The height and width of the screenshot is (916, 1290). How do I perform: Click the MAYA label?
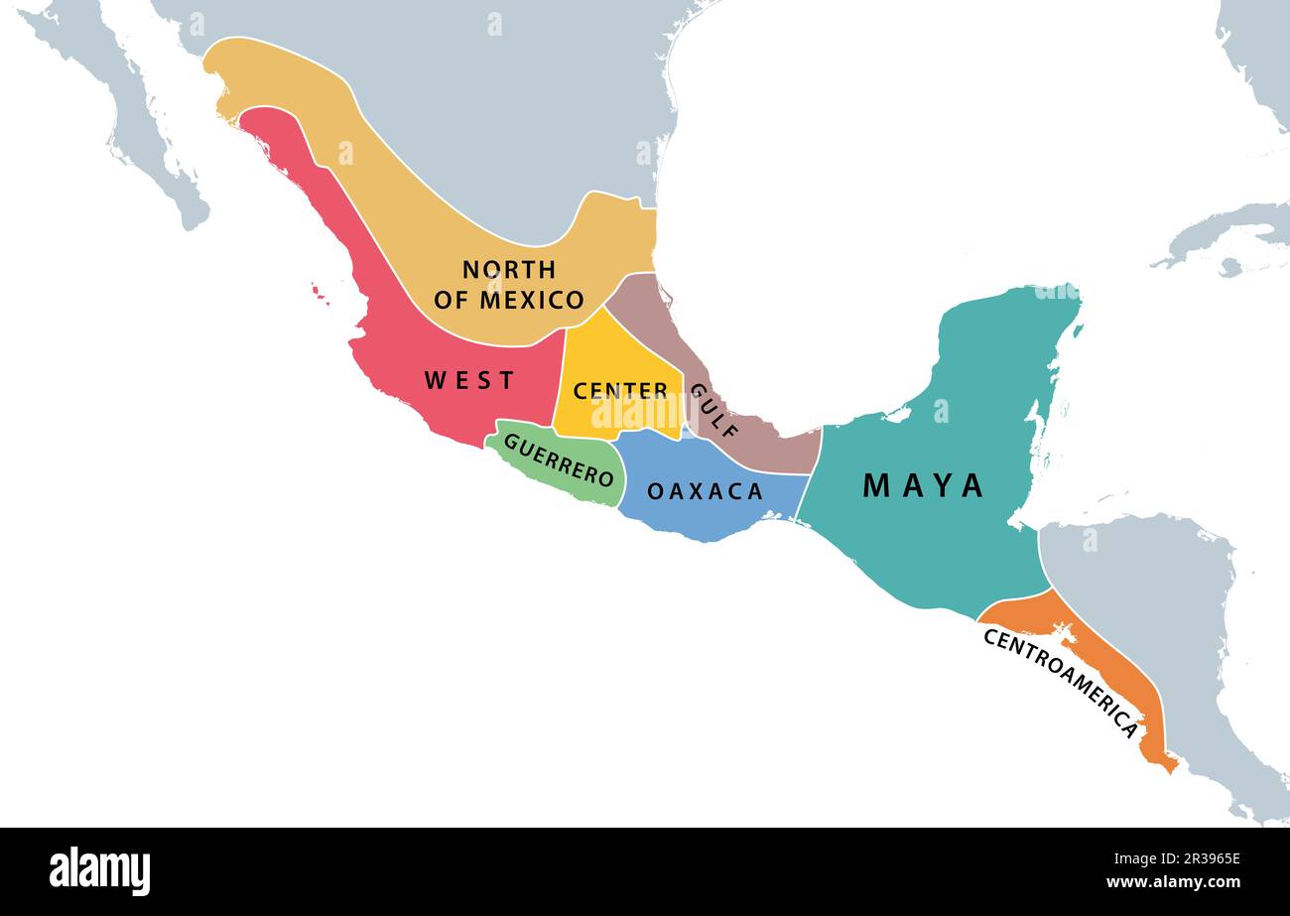(x=923, y=485)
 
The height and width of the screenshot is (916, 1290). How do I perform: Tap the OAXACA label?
(x=705, y=491)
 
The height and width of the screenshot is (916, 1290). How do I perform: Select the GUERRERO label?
(x=558, y=459)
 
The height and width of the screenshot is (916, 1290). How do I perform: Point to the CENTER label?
(x=620, y=391)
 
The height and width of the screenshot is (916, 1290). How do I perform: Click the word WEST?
(x=469, y=380)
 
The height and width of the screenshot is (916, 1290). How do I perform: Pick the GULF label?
(x=714, y=411)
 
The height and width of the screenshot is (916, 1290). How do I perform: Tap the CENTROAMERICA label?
(x=1061, y=683)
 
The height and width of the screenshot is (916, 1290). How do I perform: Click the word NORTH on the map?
(x=509, y=269)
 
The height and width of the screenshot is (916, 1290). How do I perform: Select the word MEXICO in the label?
(x=532, y=300)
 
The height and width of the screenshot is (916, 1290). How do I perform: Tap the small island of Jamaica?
(x=1230, y=267)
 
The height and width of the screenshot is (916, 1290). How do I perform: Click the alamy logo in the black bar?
(x=100, y=870)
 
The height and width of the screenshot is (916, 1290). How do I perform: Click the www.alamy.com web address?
(x=1173, y=882)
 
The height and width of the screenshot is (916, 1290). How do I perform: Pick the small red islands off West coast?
(x=319, y=292)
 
